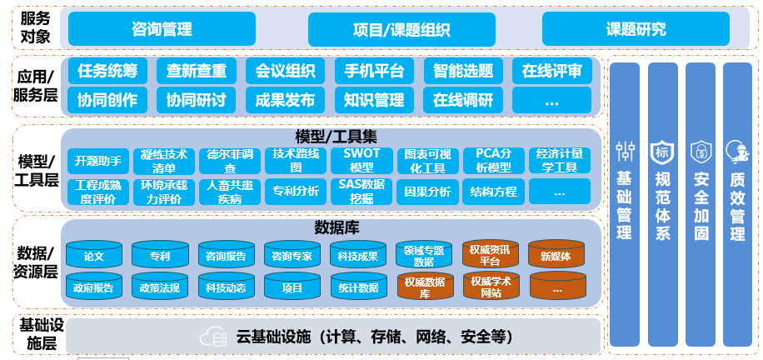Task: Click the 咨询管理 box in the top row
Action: click(x=162, y=30)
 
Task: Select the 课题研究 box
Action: click(x=636, y=30)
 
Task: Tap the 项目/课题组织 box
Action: click(x=401, y=30)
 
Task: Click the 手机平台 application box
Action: click(x=373, y=71)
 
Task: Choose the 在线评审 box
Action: click(x=552, y=71)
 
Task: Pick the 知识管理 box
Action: click(x=373, y=100)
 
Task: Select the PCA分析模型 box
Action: click(x=492, y=160)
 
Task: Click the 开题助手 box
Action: click(x=97, y=160)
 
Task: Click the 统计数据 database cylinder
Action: click(x=359, y=288)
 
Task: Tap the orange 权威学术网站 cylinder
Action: click(x=491, y=287)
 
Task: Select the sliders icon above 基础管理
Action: click(x=625, y=152)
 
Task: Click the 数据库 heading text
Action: click(x=332, y=227)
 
